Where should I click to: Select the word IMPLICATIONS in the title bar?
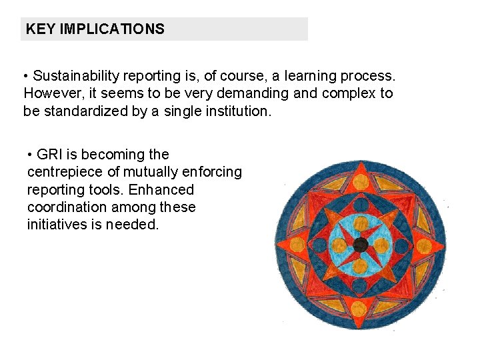pos(112,29)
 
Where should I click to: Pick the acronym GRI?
pos(49,155)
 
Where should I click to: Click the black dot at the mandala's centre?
pos(361,244)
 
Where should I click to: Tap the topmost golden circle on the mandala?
pos(361,181)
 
